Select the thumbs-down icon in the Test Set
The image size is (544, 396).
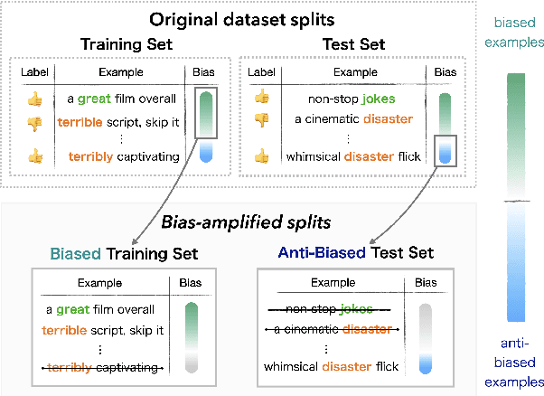262,118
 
